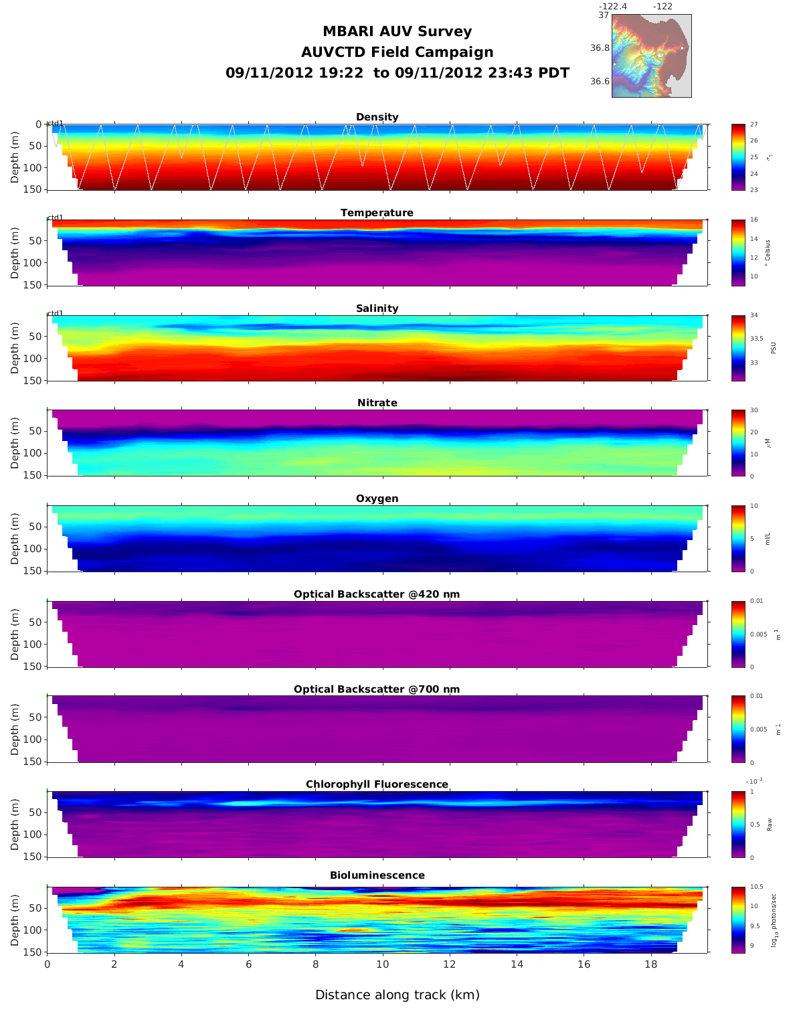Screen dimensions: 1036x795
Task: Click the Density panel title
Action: [x=377, y=117]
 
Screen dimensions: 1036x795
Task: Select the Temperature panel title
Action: [x=377, y=213]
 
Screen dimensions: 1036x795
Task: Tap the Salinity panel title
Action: [x=377, y=309]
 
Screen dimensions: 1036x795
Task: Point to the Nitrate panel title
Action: [x=377, y=403]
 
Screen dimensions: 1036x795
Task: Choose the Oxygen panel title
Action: [x=377, y=499]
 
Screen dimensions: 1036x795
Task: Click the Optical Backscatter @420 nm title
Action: [x=377, y=594]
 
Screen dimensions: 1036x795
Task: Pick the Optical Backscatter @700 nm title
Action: [x=377, y=689]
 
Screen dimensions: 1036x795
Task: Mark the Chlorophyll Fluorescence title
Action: [x=377, y=784]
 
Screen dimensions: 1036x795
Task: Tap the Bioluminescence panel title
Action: [x=377, y=875]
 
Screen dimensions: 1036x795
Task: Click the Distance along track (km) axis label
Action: [x=397, y=995]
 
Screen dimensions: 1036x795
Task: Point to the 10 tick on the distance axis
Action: [x=382, y=964]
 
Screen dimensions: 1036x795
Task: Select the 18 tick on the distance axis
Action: [x=650, y=964]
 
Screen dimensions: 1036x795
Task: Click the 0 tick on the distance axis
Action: [x=47, y=964]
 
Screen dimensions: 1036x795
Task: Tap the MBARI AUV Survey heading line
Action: [x=397, y=31]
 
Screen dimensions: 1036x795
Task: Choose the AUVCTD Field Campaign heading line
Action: [x=397, y=52]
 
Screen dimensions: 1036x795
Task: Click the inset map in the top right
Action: [x=651, y=56]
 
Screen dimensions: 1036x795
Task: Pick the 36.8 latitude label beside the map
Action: [x=600, y=48]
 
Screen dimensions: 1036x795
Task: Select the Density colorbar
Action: [x=738, y=157]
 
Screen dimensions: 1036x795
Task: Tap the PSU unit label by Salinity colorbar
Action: [x=773, y=348]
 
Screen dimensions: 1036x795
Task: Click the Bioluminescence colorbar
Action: [x=738, y=920]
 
